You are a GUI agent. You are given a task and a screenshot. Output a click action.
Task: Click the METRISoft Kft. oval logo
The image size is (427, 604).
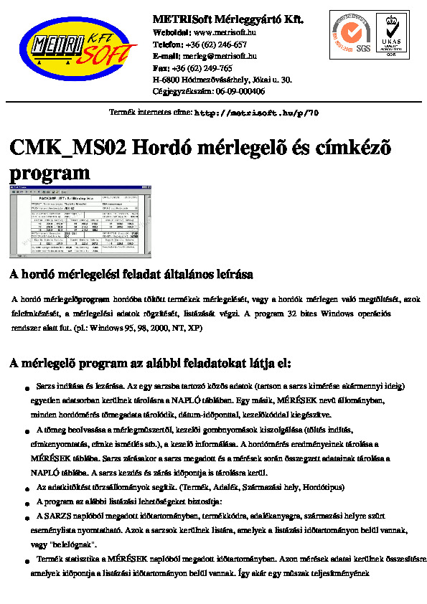pos(78,48)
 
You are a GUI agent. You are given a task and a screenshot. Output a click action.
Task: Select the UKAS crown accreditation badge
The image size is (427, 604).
pos(391,34)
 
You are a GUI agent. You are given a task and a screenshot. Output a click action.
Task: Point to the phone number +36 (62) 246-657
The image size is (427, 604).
pos(215,44)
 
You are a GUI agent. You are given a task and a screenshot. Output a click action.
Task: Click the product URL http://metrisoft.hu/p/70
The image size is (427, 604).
pos(257,113)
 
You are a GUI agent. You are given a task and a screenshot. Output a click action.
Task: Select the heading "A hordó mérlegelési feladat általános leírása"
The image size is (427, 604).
pos(131,275)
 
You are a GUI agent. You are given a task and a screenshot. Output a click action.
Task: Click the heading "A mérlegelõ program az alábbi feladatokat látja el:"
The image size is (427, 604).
pos(150,364)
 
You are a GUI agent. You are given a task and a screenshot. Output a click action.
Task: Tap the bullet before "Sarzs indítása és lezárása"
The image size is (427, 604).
pos(27,387)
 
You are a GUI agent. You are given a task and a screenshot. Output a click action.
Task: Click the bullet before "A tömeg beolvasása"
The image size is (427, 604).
pos(27,430)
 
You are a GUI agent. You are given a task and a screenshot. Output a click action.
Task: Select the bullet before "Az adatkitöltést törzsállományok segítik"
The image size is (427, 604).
pos(27,488)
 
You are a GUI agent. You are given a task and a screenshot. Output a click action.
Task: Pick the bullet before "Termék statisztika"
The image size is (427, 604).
pos(27,559)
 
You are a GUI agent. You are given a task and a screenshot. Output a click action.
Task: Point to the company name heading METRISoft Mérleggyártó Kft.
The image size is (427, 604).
pos(228,19)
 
